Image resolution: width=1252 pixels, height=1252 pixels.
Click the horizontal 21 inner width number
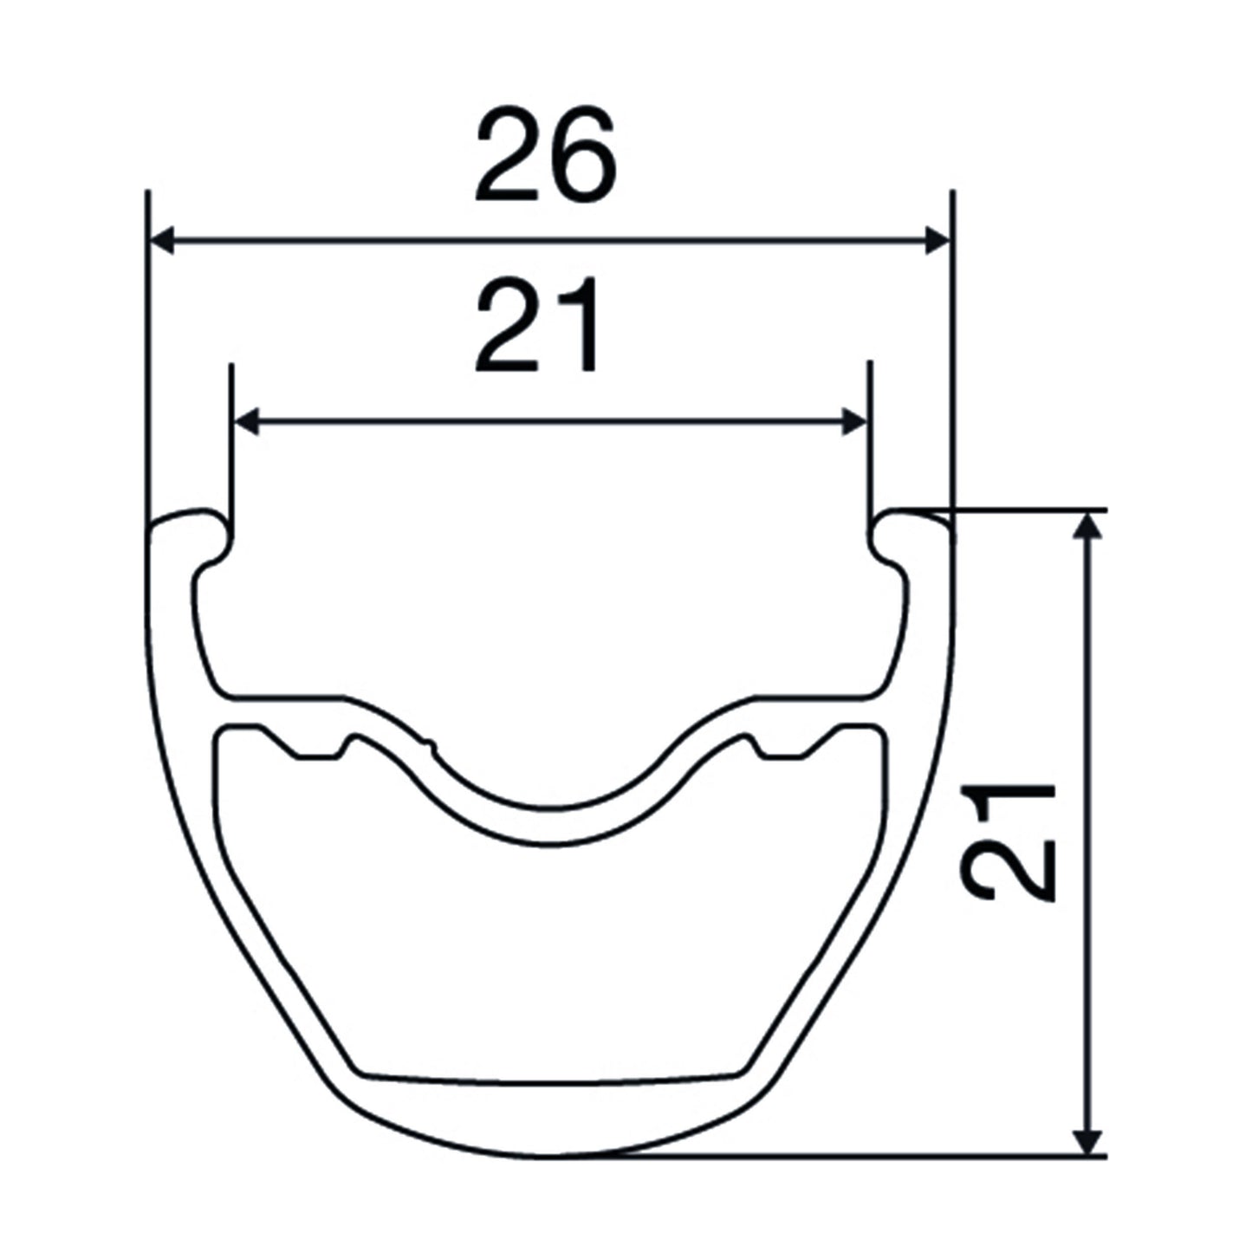coord(535,325)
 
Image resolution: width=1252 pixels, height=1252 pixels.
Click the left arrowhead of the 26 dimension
coord(162,240)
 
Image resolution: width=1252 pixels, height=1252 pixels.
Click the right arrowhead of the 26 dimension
coord(937,240)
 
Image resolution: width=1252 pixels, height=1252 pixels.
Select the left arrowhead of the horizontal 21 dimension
coord(245,422)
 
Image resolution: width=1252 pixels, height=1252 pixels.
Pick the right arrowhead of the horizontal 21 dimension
coord(854,422)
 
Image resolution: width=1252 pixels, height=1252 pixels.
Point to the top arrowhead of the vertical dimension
coord(1087,526)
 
